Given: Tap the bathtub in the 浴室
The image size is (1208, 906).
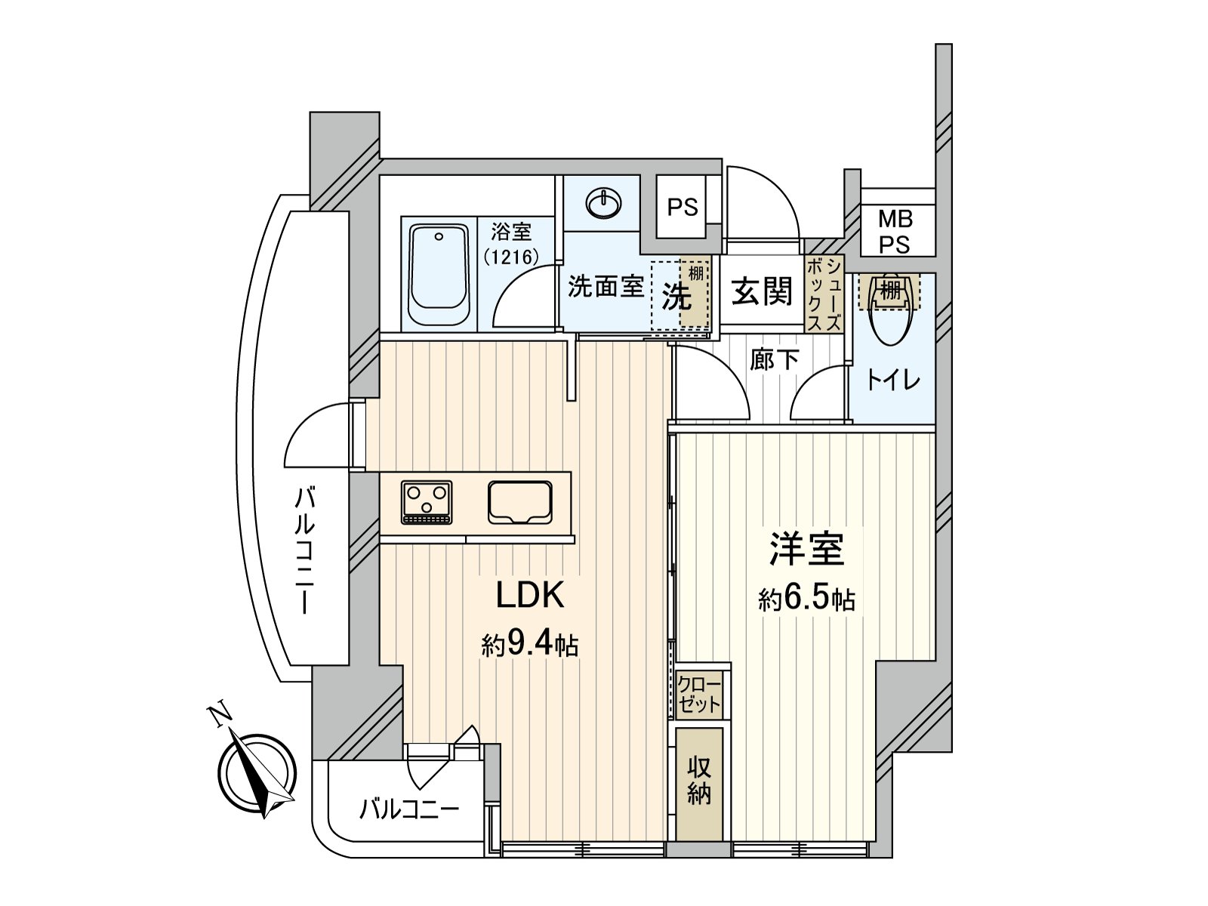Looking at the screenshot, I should pos(439,274).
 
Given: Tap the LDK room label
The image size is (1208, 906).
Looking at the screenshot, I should pos(529,596).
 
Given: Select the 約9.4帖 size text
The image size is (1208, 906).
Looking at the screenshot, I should pos(529,645).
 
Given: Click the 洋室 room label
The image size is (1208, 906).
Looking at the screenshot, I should pos(806,549).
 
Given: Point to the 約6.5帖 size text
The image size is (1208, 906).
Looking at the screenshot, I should pos(806,599).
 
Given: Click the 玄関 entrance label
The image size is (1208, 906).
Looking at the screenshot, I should pos(762,292).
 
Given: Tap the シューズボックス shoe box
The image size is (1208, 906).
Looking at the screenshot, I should pos(824,294).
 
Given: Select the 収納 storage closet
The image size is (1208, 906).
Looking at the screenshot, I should pos(699,783).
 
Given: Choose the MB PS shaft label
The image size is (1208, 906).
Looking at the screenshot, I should pos(895,232).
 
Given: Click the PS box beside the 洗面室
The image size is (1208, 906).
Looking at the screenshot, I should pos(683,207).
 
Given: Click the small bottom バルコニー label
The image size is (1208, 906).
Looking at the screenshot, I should pos(408,810).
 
